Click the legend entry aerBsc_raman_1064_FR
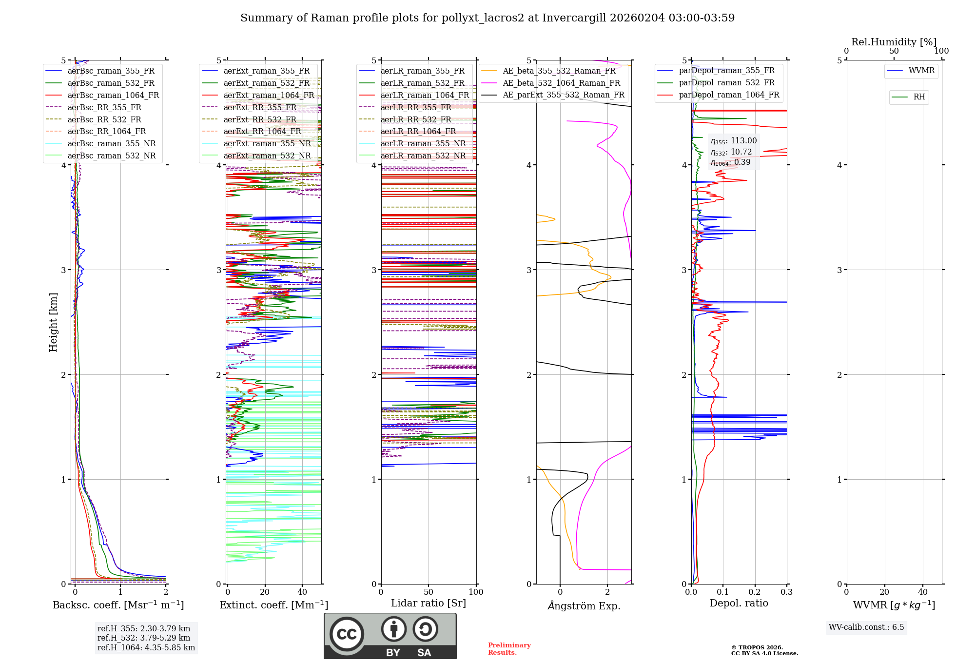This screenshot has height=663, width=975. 113,95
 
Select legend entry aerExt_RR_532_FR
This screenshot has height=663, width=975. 260,119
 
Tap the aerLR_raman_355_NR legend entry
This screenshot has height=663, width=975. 423,143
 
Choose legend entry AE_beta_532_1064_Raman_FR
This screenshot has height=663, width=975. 561,83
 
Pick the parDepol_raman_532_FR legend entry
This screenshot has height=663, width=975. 726,83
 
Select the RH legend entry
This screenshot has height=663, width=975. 919,97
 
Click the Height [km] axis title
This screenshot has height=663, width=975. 53,322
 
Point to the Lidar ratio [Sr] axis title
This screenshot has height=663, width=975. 429,603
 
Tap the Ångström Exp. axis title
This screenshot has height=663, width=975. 584,605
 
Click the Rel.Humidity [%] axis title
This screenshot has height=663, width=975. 894,42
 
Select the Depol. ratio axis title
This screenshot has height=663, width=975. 739,603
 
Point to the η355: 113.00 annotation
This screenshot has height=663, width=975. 734,141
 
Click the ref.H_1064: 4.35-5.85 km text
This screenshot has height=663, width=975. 146,647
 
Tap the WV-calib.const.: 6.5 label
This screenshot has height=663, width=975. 866,627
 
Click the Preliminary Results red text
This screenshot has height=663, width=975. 509,648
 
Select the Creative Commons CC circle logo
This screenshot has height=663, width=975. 347,634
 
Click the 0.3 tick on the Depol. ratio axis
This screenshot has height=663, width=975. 786,592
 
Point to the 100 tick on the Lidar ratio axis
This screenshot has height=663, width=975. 476,592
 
